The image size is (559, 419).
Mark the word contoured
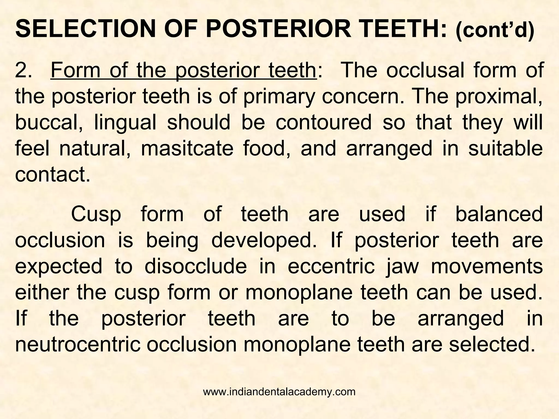pos(323,123)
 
